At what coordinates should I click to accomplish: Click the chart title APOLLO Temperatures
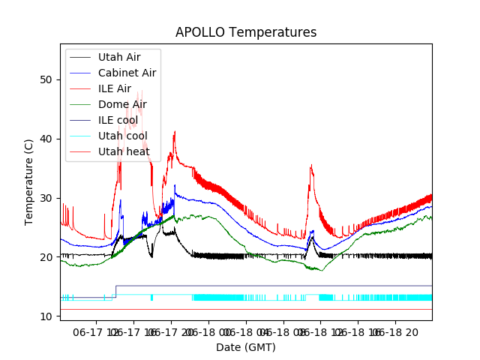point(246,32)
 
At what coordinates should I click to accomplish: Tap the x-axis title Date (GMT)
point(246,347)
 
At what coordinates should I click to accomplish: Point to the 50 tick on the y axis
point(47,79)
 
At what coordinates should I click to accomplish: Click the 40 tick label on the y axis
point(47,139)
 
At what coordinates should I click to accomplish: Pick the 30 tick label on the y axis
point(47,198)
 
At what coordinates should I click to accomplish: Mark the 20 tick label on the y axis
point(47,257)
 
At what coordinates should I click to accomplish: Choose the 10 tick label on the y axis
point(47,316)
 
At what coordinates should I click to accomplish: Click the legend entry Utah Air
point(118,57)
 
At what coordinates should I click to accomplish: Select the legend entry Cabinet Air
point(127,73)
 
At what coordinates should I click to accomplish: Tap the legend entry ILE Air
point(114,88)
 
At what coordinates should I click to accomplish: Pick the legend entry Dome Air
point(122,104)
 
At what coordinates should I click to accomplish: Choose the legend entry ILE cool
point(118,120)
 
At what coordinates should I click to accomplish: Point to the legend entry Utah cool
point(122,136)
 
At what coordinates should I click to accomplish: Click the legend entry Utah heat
point(124,151)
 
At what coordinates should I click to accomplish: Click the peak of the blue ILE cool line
point(175,186)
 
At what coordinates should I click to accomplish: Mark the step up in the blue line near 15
point(115,292)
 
